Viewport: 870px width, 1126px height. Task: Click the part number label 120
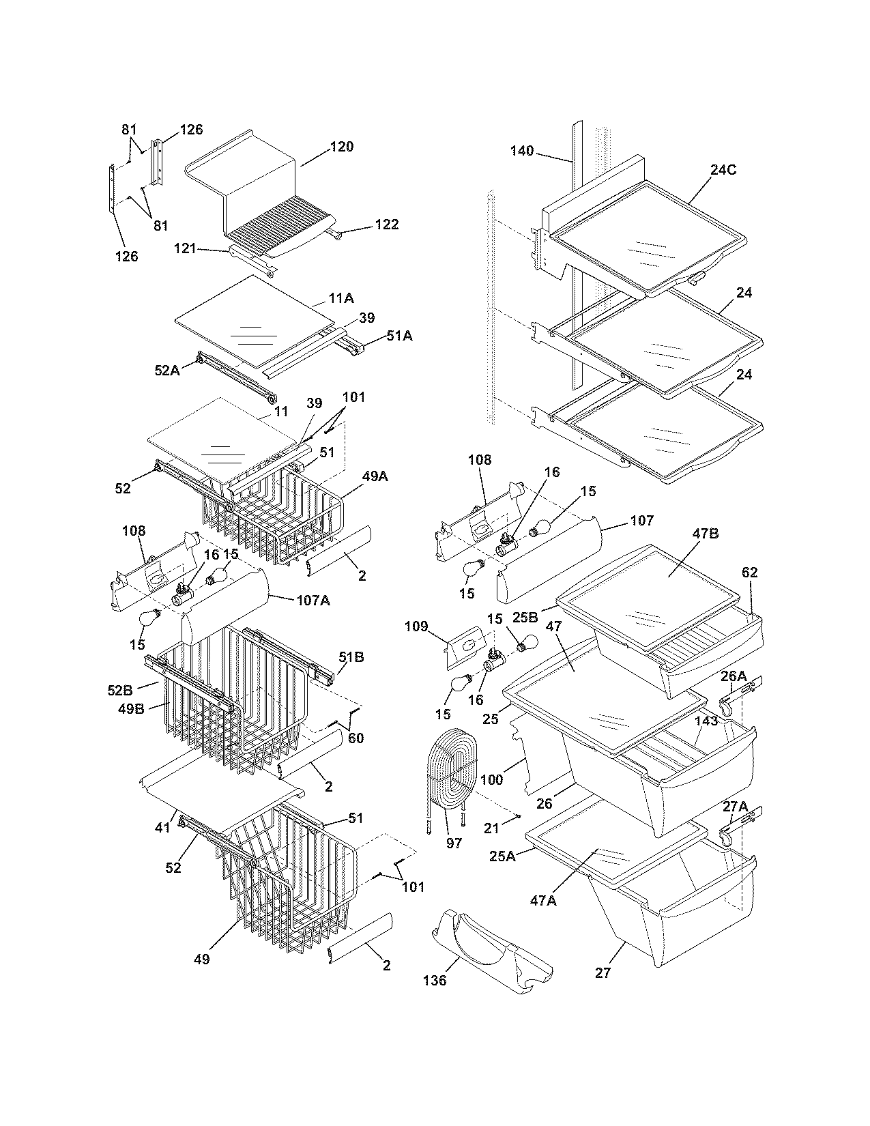coord(342,147)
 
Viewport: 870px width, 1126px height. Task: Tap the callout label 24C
coord(723,171)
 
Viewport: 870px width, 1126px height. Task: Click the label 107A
coord(313,601)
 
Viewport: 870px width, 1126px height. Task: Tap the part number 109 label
coord(416,626)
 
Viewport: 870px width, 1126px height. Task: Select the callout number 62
coord(749,573)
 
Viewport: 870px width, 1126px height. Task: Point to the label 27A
coord(735,806)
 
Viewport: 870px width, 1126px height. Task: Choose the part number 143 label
coord(706,721)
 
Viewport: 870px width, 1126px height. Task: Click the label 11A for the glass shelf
coord(341,298)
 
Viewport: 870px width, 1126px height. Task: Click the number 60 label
coord(356,738)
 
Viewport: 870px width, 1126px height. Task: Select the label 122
coord(387,225)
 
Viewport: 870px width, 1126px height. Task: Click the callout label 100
coord(491,779)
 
